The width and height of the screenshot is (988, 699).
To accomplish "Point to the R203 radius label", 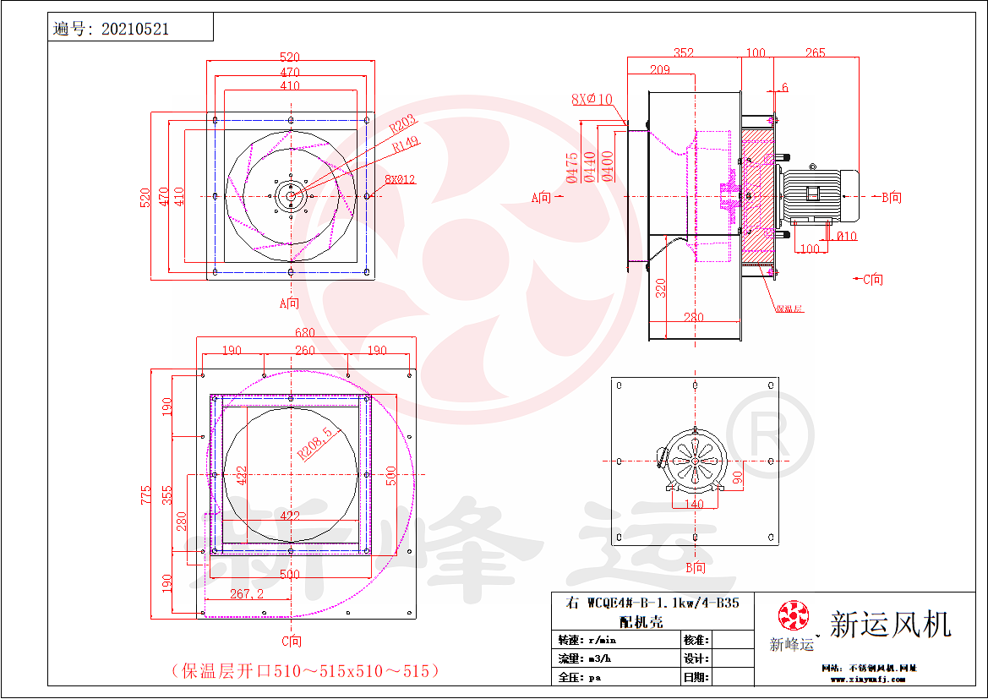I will point(403,128).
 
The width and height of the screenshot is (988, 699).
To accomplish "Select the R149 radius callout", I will point(405,145).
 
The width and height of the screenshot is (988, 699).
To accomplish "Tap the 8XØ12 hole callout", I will point(400,179).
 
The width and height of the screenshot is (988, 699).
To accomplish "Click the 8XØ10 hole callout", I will point(591,100).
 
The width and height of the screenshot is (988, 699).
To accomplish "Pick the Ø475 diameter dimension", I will point(573,167).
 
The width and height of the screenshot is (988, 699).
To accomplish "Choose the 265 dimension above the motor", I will point(815,52).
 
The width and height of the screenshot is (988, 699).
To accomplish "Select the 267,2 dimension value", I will point(247,594).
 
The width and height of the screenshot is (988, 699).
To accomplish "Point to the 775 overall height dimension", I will point(147,494).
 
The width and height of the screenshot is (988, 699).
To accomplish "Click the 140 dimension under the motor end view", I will point(694,503).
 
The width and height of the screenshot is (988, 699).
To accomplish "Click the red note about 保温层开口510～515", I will point(305,671).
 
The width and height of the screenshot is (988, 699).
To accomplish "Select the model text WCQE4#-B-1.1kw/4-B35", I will point(652,603).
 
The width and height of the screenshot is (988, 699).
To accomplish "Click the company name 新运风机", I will point(890,625).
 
